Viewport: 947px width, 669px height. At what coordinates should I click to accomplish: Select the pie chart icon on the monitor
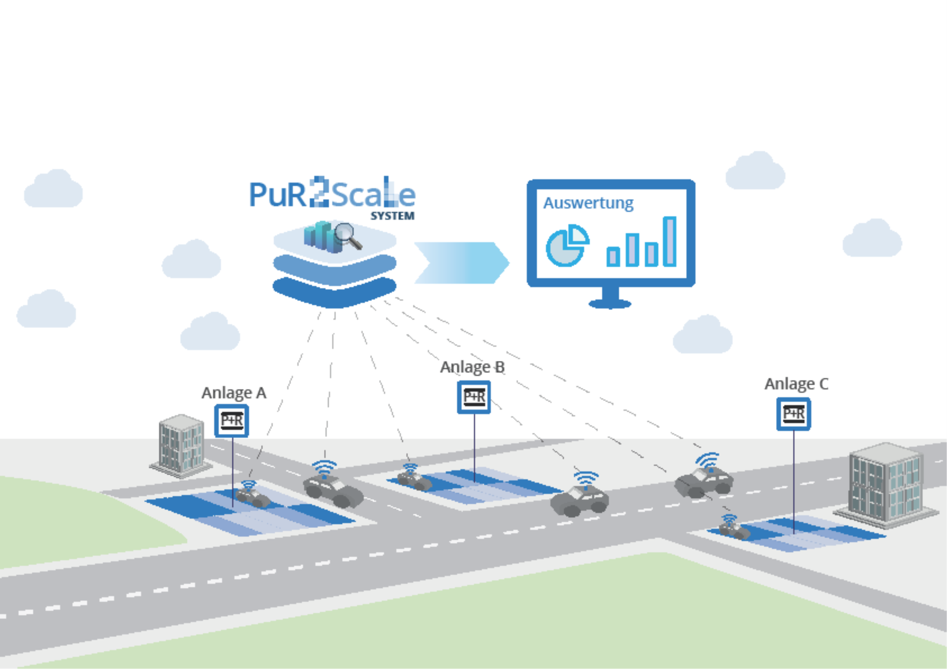pos(567,246)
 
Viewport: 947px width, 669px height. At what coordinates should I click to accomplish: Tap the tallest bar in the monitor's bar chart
pos(670,241)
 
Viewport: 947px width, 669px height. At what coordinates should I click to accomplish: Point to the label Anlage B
pos(472,367)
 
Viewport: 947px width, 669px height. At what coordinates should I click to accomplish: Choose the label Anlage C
pos(796,384)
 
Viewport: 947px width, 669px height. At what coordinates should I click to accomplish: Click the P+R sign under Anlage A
pos(231,421)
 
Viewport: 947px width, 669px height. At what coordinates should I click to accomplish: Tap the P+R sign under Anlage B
pos(474,397)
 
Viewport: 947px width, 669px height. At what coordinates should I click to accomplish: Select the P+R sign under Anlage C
pos(794,414)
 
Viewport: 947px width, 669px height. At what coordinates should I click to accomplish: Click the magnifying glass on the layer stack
pos(347,236)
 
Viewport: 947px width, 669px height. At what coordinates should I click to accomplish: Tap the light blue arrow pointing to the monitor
pos(461,263)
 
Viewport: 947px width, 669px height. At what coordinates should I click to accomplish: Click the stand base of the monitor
pos(610,304)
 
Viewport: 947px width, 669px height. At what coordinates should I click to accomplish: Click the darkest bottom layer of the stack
pos(334,294)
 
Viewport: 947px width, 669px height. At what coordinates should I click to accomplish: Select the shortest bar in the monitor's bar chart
pos(613,256)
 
